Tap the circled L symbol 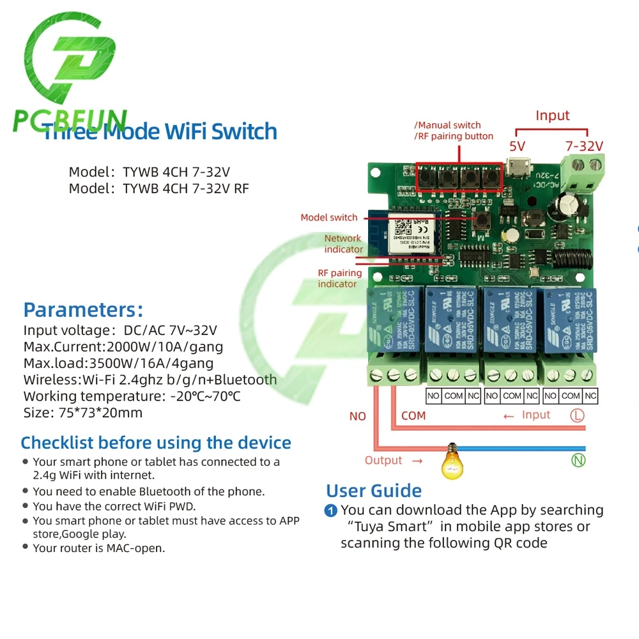tap(577, 415)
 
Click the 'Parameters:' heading tap(83, 311)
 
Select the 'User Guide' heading tap(374, 491)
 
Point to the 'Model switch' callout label tap(329, 217)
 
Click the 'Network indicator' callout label tap(343, 243)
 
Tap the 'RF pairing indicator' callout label tap(339, 278)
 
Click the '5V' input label tap(517, 146)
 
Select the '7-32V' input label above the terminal tap(585, 146)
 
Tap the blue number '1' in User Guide tap(331, 511)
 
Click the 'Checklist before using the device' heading tap(156, 443)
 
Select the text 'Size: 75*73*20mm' tap(83, 413)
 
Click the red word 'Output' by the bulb tap(383, 460)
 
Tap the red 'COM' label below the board tap(413, 415)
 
